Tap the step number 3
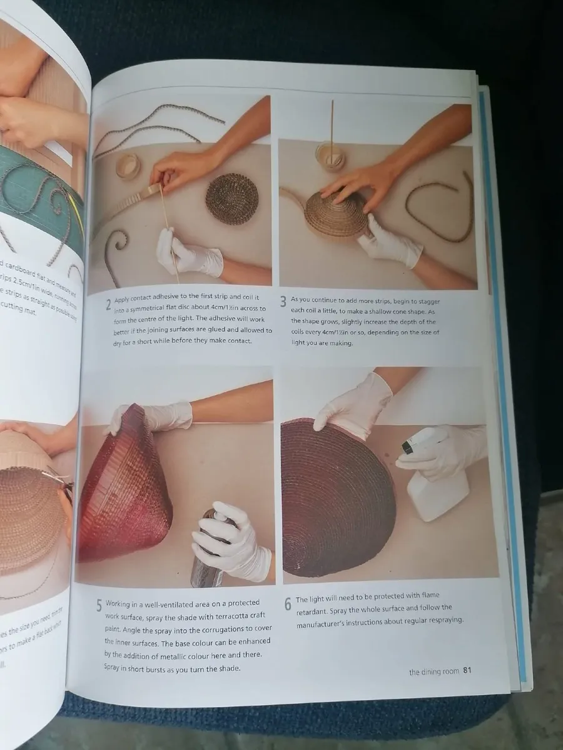(283, 302)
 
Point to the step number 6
(288, 604)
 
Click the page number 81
(467, 671)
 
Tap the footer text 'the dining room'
(434, 672)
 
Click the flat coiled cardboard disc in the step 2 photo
(232, 199)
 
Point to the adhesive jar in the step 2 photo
(128, 167)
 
